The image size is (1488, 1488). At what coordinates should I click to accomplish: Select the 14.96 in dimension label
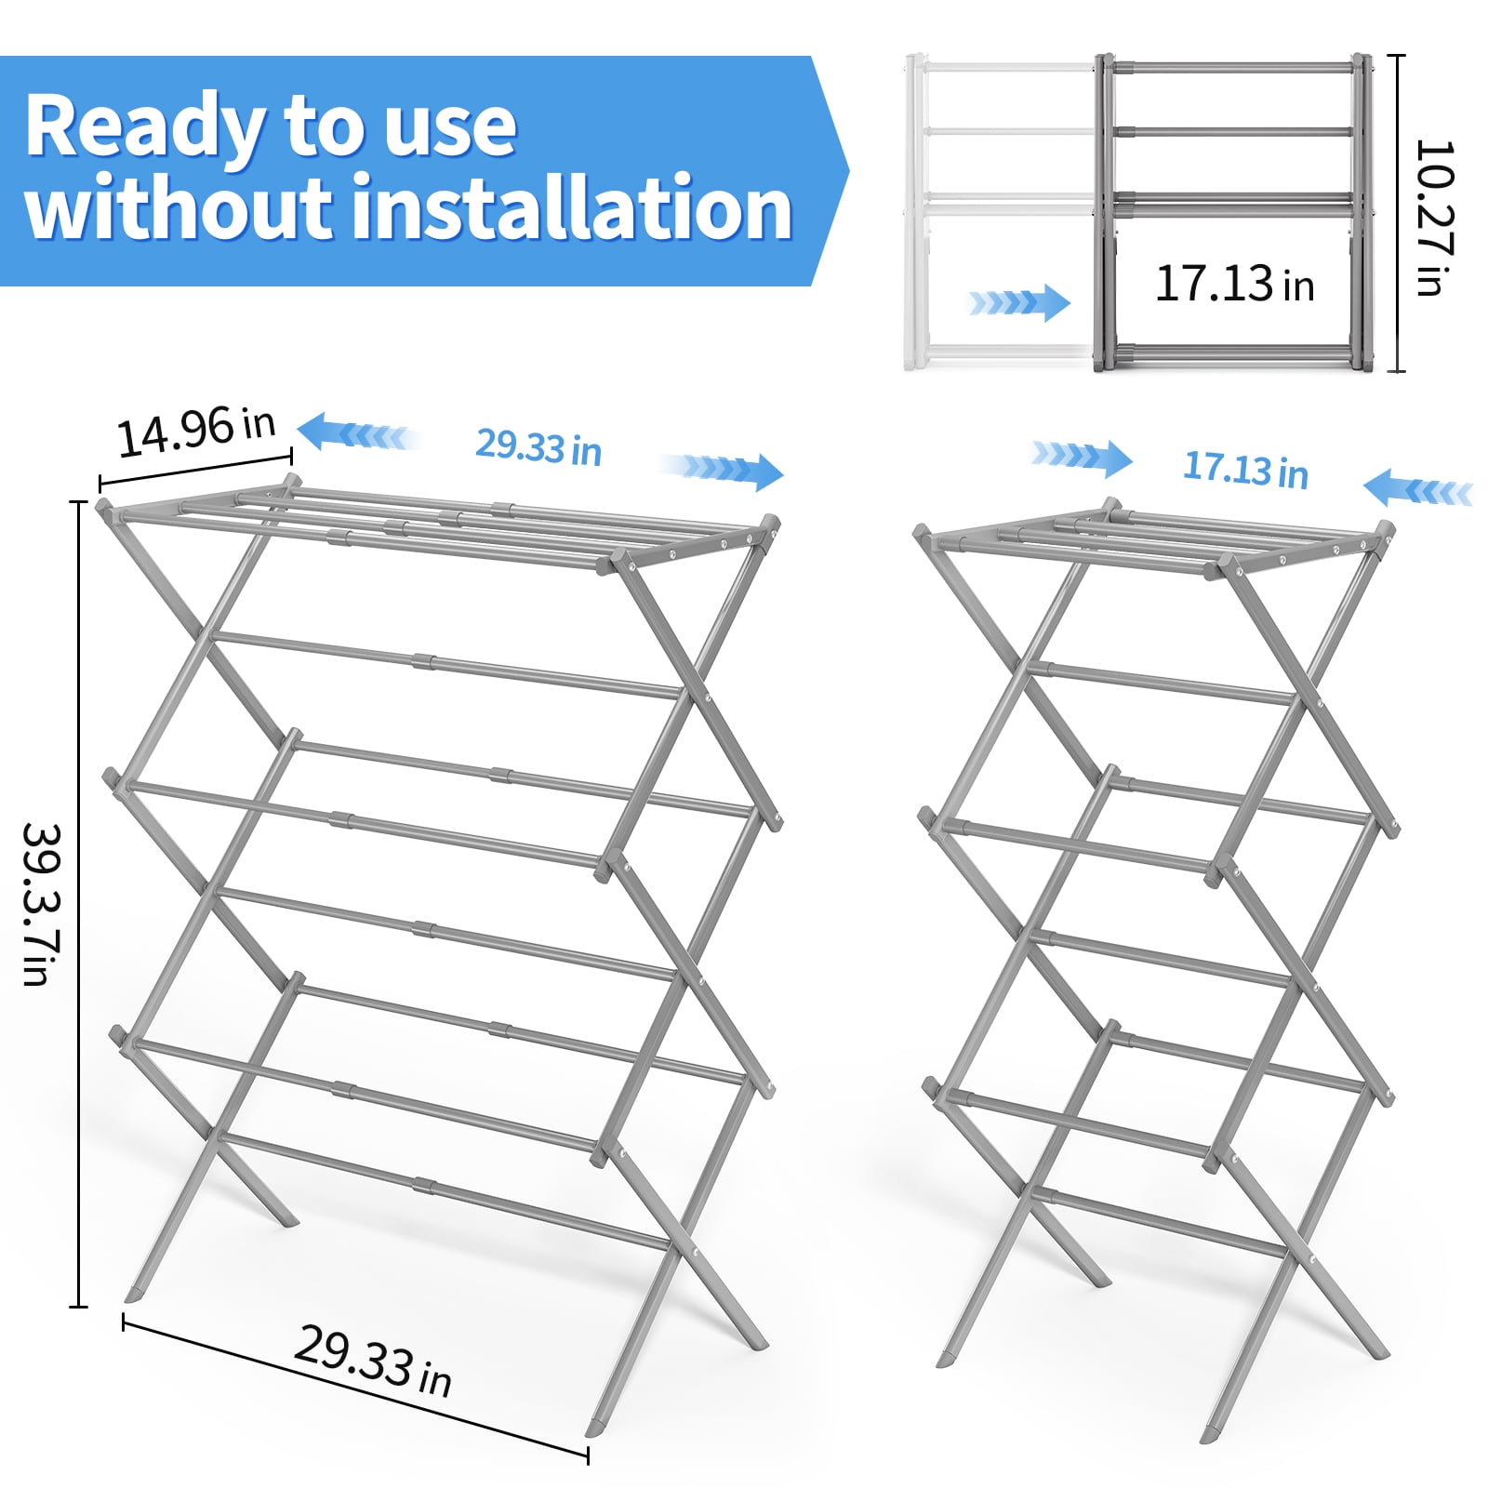coord(196,432)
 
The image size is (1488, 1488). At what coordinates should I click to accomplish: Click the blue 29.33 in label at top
coord(538,447)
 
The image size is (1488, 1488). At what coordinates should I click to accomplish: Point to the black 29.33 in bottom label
coord(372,1362)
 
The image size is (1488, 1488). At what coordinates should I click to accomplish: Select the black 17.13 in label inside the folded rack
coord(1234,284)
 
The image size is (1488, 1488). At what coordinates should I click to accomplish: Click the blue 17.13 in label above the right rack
coord(1245,470)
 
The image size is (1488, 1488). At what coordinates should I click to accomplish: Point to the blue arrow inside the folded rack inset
coord(1019,303)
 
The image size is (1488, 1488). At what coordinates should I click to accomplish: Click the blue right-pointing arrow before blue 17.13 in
coord(1082,457)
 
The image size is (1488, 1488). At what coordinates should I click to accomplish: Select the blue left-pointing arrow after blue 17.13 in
coord(1418,489)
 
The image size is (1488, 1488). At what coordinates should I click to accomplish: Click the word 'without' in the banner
coord(177,209)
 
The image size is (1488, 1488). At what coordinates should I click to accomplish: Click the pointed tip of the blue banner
coord(843,171)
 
